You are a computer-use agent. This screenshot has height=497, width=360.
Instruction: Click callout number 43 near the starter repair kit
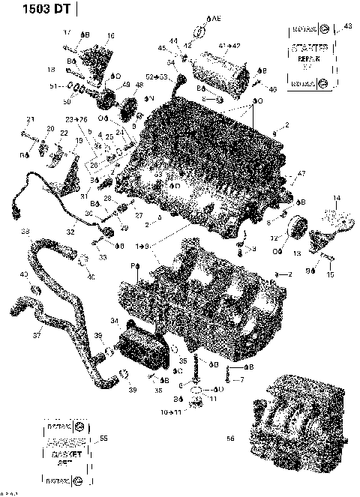pyautogui.click(x=346, y=26)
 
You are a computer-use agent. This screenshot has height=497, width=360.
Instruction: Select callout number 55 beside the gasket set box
pyautogui.click(x=103, y=438)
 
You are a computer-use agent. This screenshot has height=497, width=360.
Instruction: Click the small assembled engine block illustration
pyautogui.click(x=300, y=417)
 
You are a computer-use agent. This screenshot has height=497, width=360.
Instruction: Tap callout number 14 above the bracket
pyautogui.click(x=337, y=198)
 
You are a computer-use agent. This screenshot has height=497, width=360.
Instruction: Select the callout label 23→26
pyautogui.click(x=76, y=119)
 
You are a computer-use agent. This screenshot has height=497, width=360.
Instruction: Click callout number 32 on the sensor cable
pyautogui.click(x=69, y=232)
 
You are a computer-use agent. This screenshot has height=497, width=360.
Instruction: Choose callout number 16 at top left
pyautogui.click(x=111, y=35)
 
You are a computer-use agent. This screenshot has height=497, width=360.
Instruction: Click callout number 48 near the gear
pyautogui.click(x=138, y=85)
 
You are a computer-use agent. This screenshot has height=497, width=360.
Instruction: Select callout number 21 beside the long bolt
pyautogui.click(x=31, y=119)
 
